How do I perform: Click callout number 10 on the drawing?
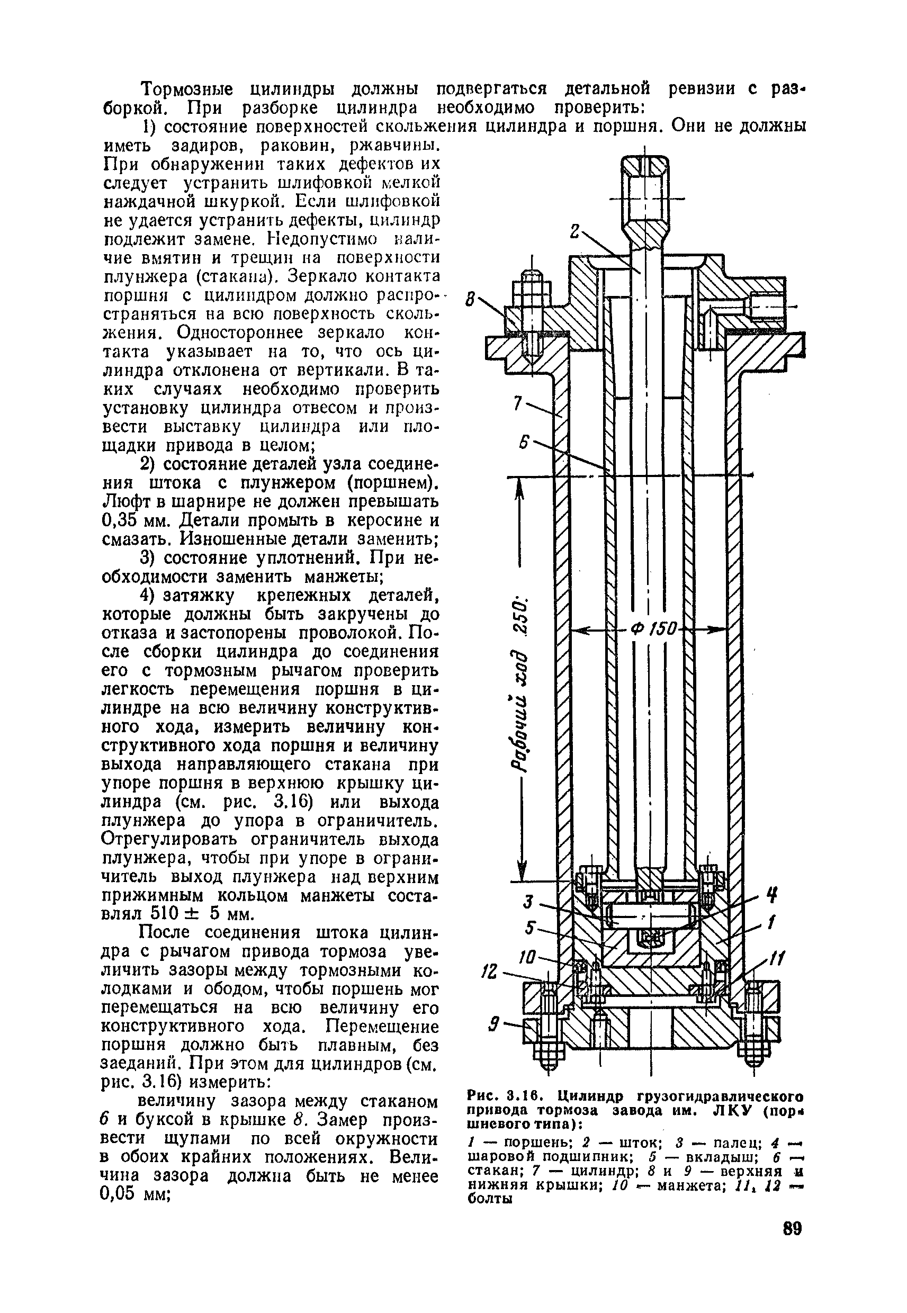point(528,958)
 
